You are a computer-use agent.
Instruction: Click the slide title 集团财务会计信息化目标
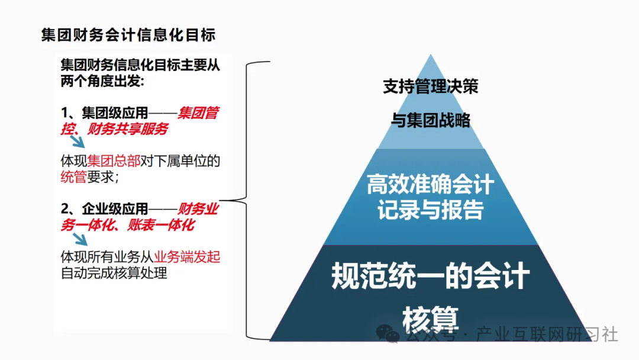point(128,34)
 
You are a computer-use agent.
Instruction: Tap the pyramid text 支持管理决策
point(430,87)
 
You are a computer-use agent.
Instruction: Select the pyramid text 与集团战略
point(430,120)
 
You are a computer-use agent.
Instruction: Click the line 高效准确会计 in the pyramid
point(430,185)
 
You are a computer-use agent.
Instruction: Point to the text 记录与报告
point(430,210)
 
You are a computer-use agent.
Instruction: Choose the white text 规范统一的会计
point(430,277)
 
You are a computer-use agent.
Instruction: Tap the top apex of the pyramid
point(430,57)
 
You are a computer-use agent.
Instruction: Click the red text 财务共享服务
point(128,128)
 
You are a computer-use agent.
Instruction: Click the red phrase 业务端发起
point(187,257)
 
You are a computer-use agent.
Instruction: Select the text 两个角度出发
point(102,82)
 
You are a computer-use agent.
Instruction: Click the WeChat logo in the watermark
point(391,335)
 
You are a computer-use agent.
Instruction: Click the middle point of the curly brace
point(222,200)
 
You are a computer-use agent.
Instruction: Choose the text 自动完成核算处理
point(114,273)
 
